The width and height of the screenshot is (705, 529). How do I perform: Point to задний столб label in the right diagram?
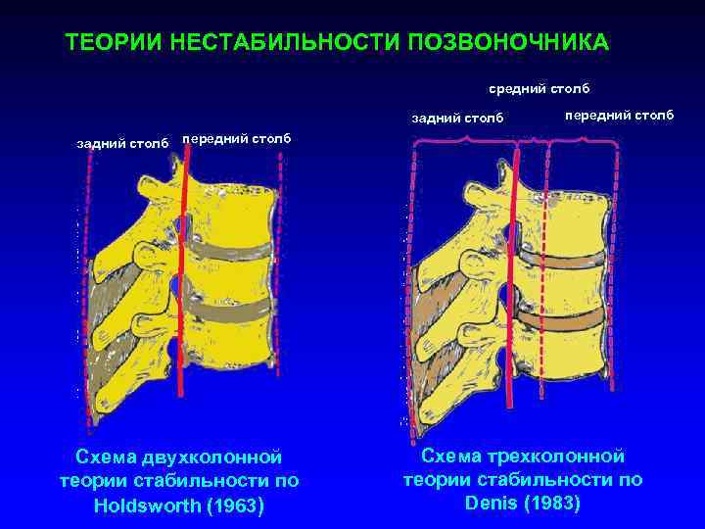click(457, 119)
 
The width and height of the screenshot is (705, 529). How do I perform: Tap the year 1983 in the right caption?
click(553, 504)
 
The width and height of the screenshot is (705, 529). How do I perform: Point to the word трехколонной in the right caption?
click(550, 456)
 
